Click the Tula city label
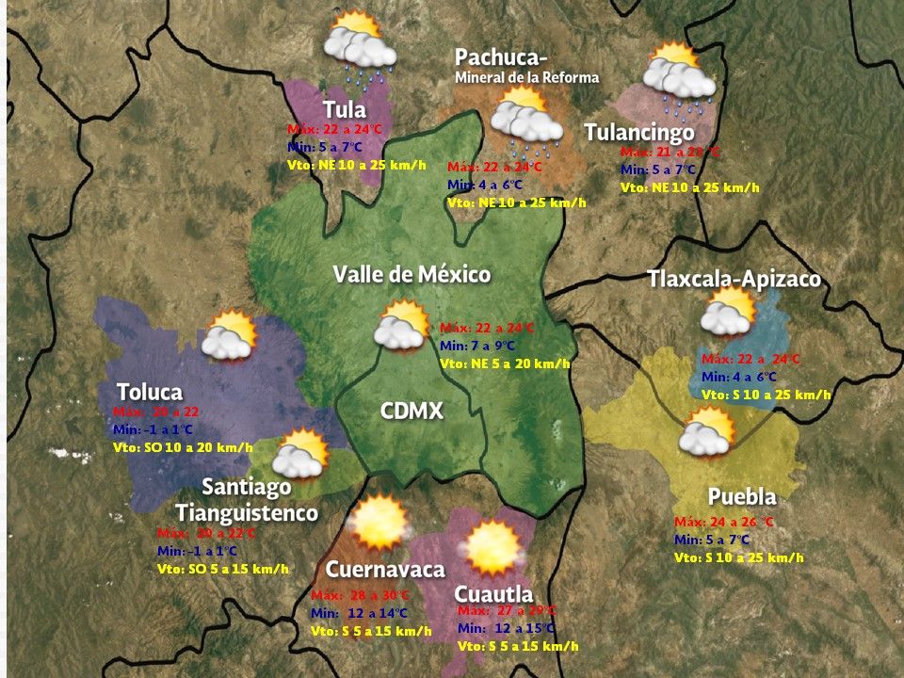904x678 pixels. tap(344, 109)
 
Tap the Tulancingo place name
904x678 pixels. tap(639, 132)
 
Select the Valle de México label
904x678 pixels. tap(412, 274)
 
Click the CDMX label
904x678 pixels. tap(412, 411)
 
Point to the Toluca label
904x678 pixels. tap(150, 391)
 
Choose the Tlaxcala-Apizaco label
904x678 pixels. tap(734, 279)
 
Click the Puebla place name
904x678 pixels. tap(742, 497)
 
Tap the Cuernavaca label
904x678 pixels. tap(384, 569)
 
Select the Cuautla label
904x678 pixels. tap(493, 593)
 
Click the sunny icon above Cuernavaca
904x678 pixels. tap(379, 524)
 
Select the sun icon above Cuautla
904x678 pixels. tap(492, 547)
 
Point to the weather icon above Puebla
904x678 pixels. tap(708, 433)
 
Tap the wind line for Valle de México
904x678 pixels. tap(505, 363)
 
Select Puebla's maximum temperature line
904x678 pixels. tap(723, 522)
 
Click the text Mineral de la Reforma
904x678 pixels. tap(526, 77)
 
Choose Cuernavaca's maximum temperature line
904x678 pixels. tap(360, 595)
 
